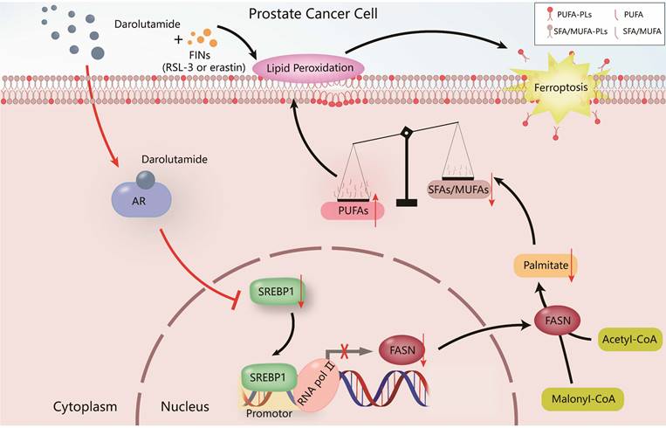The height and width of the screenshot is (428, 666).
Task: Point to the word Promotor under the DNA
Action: [267, 414]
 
